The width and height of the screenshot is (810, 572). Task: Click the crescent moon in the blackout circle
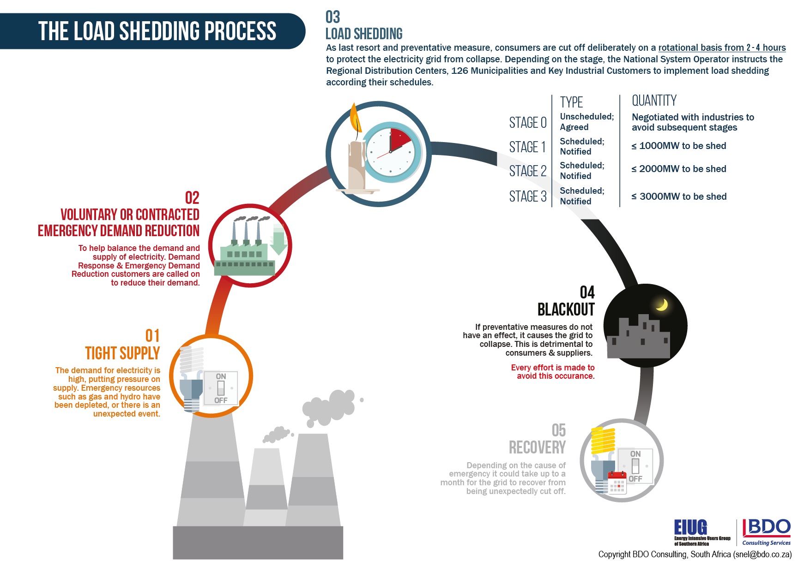click(662, 304)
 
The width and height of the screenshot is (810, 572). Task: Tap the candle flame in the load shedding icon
click(355, 118)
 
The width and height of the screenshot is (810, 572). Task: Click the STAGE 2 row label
click(527, 171)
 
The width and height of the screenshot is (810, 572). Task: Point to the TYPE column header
click(571, 102)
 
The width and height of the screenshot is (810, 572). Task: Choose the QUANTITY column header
click(654, 101)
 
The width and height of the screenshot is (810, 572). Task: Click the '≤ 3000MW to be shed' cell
click(679, 197)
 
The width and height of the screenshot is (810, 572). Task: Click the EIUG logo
click(691, 528)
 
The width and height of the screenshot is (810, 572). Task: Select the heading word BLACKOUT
click(566, 309)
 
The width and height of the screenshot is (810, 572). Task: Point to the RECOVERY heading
click(537, 447)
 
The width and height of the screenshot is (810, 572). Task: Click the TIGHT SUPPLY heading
click(122, 353)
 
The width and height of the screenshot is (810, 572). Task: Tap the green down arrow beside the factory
click(278, 240)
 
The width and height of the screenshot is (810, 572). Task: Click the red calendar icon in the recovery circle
click(617, 483)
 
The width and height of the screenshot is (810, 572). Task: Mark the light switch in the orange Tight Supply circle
click(221, 388)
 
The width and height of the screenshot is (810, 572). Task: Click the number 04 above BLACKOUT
click(587, 292)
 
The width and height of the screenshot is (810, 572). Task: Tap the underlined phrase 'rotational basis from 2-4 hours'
click(722, 48)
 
